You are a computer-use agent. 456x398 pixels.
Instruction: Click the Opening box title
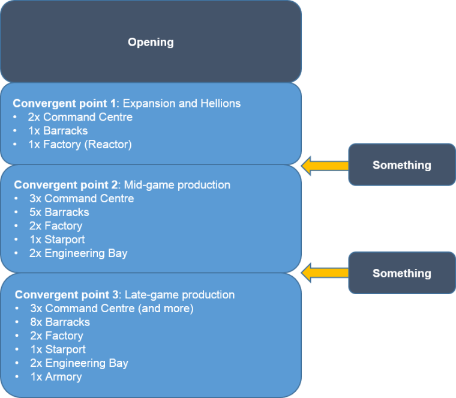151,42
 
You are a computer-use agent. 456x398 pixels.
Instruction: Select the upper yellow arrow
325,165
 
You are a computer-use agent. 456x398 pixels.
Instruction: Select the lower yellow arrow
325,273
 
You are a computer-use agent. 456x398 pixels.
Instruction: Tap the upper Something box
401,165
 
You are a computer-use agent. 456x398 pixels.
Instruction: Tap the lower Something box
401,273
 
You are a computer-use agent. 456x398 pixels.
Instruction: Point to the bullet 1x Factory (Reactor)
79,145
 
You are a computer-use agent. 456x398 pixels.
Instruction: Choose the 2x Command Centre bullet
80,117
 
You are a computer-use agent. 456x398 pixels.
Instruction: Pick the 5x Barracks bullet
59,213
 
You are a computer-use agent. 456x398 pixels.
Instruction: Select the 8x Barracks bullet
59,322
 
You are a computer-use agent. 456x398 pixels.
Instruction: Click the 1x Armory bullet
56,377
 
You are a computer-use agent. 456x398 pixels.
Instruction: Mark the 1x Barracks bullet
58,131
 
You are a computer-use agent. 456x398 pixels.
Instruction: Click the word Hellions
220,103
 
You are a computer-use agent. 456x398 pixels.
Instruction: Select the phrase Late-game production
179,295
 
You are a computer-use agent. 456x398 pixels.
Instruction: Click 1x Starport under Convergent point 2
56,240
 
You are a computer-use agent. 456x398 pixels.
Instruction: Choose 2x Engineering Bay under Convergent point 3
79,363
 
